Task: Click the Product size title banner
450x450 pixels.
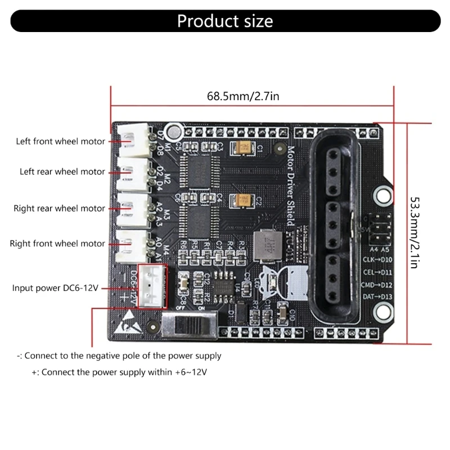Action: coord(225,21)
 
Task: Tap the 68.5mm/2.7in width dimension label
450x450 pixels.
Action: coord(243,96)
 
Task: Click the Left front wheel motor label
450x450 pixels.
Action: coord(60,141)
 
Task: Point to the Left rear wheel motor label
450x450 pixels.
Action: coord(62,172)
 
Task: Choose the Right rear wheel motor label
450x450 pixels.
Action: coord(60,208)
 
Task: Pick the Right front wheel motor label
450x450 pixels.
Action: coord(57,244)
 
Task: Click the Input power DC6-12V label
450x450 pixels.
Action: coord(56,288)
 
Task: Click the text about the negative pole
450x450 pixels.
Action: coord(119,356)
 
